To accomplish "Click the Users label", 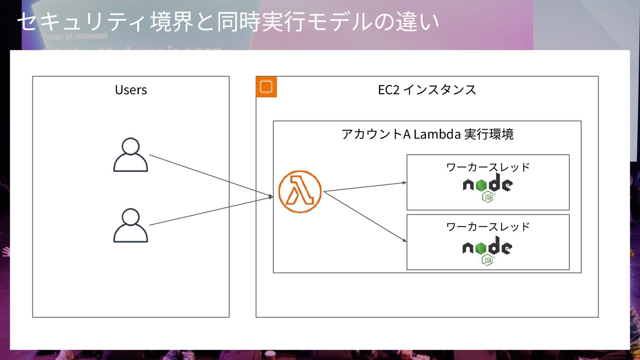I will [131, 90].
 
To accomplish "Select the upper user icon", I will [131, 155].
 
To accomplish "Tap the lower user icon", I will [131, 226].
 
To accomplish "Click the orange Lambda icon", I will [300, 192].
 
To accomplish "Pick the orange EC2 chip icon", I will [266, 87].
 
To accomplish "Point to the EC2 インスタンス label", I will [427, 90].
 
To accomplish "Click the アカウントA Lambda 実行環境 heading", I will [427, 134].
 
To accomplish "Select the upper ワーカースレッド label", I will [488, 167].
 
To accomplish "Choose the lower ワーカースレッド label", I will [488, 227].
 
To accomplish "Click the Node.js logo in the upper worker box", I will [488, 188].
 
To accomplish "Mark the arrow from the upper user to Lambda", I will [211, 176].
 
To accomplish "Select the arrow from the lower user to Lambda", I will [211, 211].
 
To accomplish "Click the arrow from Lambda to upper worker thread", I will [364, 187].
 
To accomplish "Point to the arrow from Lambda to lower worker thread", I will [364, 216].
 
